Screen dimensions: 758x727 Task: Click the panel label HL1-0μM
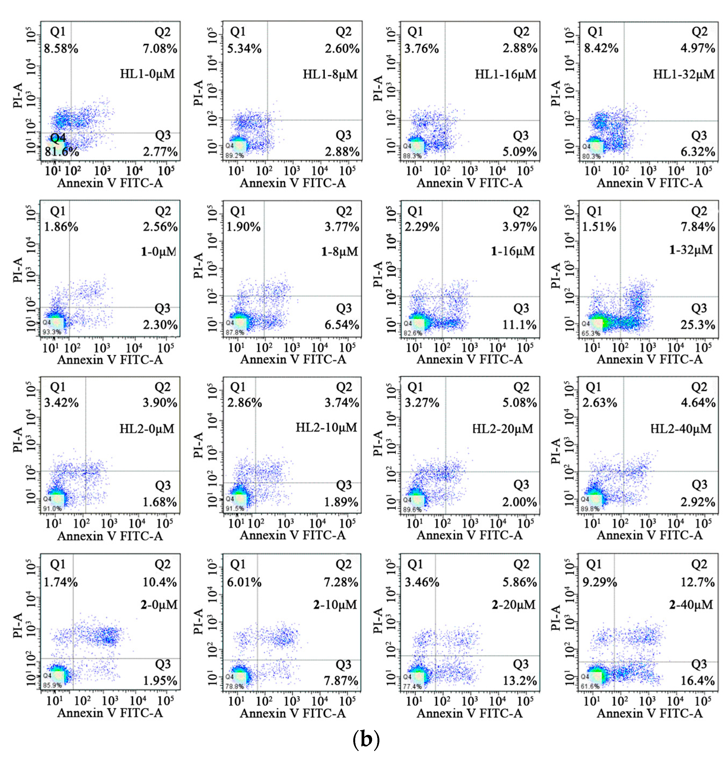(147, 73)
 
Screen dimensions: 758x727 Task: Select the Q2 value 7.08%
(160, 49)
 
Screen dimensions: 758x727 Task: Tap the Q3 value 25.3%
(698, 325)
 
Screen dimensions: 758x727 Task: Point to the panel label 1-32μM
(691, 250)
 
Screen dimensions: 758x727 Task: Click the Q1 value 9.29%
(599, 582)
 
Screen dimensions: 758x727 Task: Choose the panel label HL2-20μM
(502, 429)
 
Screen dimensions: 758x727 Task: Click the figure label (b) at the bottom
(366, 739)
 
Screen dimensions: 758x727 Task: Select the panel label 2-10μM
(335, 604)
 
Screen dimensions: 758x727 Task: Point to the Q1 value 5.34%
(244, 49)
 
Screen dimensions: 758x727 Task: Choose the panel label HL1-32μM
(683, 74)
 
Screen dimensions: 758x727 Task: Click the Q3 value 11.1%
(519, 325)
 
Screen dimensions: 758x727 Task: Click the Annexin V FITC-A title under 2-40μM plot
(649, 713)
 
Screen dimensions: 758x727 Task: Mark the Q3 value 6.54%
(342, 325)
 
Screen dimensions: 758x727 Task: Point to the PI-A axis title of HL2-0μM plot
(18, 440)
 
